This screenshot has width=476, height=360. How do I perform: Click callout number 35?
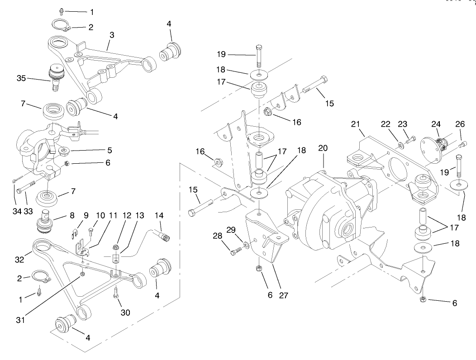pyautogui.click(x=21, y=78)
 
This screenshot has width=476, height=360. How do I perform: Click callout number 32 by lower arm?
pyautogui.click(x=19, y=260)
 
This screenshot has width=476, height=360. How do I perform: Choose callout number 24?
pyautogui.click(x=436, y=123)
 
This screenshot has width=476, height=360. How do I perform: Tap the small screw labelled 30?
pyautogui.click(x=116, y=293)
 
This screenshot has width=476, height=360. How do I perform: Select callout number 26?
pyautogui.click(x=461, y=124)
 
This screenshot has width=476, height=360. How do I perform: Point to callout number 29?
pyautogui.click(x=231, y=230)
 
